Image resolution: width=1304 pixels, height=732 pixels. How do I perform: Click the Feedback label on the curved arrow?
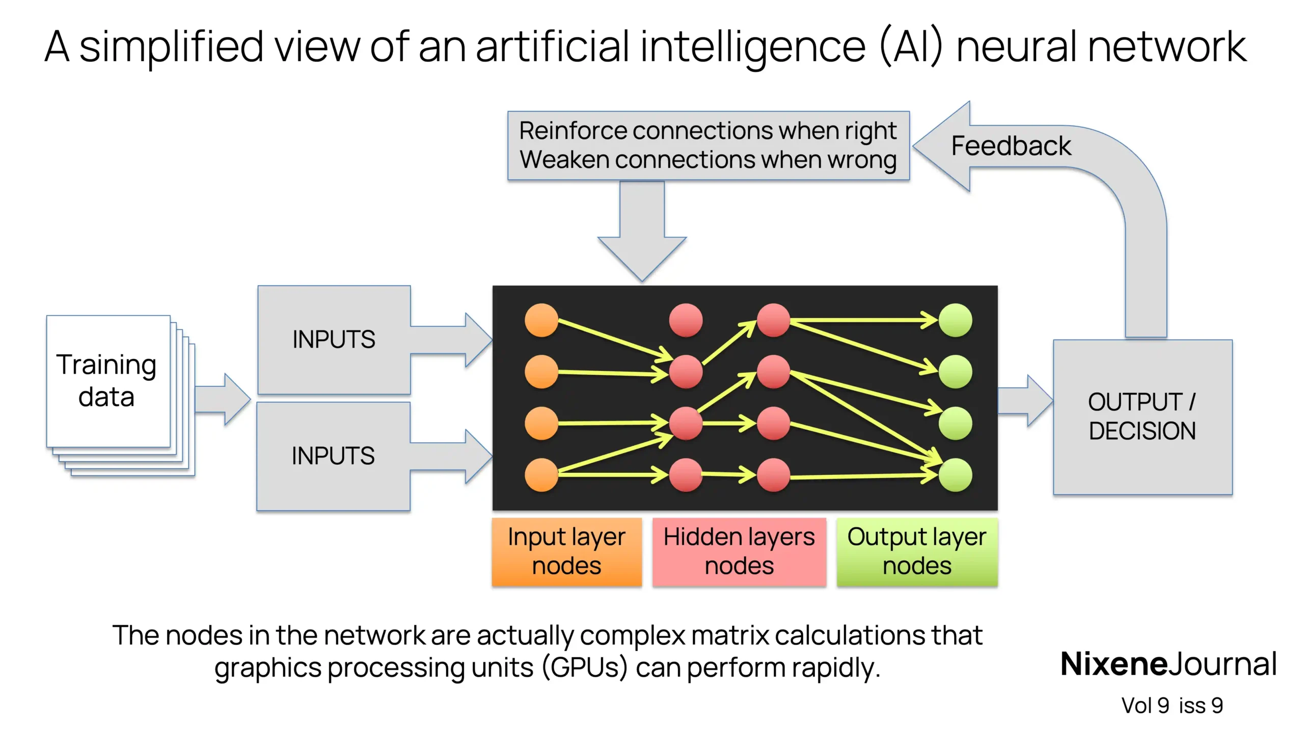(1011, 146)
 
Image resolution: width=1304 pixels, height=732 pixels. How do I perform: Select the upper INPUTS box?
(334, 340)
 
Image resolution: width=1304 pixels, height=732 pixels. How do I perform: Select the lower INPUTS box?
(333, 456)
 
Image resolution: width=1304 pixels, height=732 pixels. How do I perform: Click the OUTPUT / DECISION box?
(1142, 416)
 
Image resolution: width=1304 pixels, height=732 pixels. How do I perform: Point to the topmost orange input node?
(541, 321)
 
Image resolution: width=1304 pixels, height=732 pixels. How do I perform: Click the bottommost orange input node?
(541, 475)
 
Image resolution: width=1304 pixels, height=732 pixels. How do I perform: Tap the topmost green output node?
(955, 321)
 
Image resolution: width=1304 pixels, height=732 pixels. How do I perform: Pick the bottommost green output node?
(955, 475)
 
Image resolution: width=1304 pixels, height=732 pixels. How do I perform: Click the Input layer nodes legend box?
(566, 552)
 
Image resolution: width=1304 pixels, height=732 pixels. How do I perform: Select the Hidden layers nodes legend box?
(739, 552)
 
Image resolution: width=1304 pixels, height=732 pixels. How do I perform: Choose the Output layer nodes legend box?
(917, 552)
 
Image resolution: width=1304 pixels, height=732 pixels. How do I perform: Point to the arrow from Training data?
(222, 400)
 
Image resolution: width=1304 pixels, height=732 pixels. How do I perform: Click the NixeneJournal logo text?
(1168, 664)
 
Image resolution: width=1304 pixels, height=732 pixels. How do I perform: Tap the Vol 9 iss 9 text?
(1172, 706)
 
